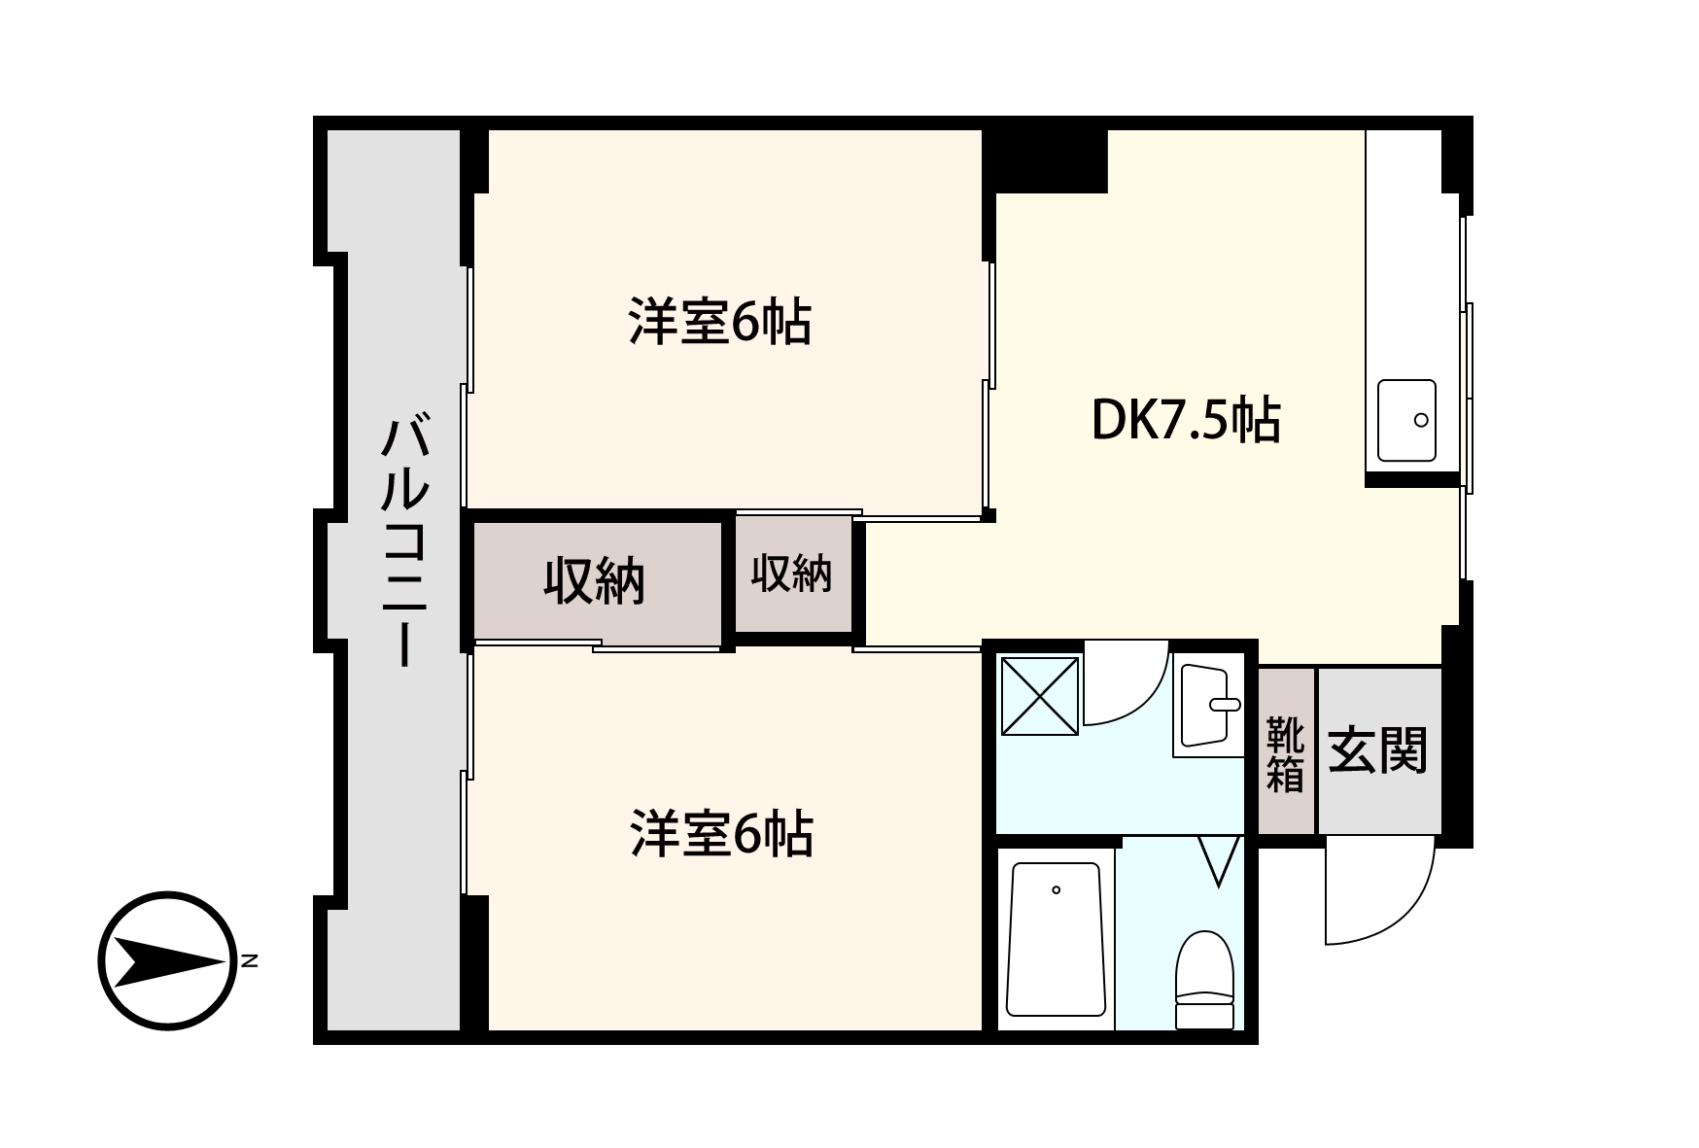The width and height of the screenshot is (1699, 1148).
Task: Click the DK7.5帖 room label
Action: [1186, 422]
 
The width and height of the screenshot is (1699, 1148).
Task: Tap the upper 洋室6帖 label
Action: [720, 323]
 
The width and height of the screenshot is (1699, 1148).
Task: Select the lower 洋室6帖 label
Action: [720, 834]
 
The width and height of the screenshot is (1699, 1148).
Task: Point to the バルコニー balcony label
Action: [403, 540]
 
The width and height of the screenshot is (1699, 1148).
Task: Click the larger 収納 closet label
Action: [594, 581]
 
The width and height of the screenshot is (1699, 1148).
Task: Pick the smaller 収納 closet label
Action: [791, 574]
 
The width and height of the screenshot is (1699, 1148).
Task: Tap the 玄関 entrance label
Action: [1377, 750]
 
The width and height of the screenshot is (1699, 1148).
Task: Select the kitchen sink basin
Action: [1406, 421]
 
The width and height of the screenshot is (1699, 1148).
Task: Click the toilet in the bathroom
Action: [1205, 978]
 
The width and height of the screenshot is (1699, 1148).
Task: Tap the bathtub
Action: [1056, 938]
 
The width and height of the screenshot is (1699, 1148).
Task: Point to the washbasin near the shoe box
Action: [1208, 705]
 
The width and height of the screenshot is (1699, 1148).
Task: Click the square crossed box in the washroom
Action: [1040, 695]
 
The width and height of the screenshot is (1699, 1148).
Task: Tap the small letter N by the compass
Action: [250, 960]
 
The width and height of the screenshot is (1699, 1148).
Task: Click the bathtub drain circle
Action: [1056, 889]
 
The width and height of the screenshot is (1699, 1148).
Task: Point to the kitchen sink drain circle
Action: [1421, 420]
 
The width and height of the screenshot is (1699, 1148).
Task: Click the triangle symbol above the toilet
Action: [1220, 858]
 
